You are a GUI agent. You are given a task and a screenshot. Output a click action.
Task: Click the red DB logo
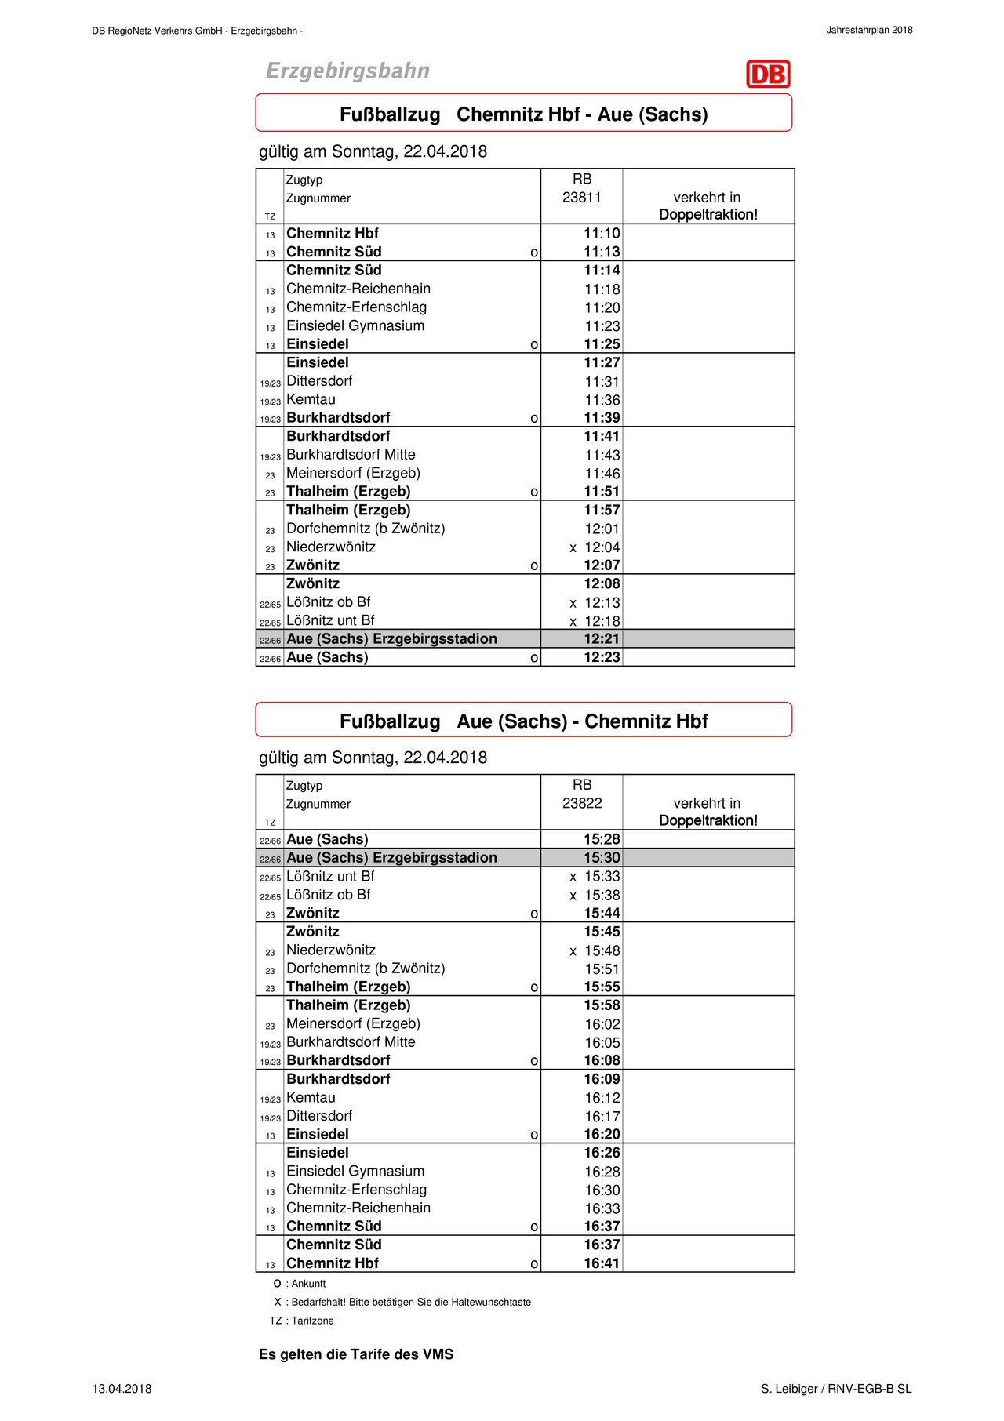(768, 75)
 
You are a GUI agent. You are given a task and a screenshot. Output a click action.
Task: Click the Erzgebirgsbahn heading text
(347, 71)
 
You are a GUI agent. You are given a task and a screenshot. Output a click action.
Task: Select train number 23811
(581, 198)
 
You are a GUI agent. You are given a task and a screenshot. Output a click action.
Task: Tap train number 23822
(581, 803)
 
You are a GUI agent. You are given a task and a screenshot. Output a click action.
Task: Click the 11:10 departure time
(602, 234)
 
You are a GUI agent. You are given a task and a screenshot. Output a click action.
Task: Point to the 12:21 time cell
(602, 639)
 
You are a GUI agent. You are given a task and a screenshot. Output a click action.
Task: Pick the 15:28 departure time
(602, 840)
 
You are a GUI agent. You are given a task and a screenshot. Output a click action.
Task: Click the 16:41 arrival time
(602, 1263)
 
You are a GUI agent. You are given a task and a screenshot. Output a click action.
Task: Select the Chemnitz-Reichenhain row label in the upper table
(358, 289)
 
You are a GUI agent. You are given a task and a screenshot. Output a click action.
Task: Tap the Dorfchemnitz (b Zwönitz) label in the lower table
(366, 969)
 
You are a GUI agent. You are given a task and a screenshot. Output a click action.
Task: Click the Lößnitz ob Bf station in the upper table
(328, 602)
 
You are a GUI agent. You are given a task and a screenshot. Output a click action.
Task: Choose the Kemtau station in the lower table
(311, 1098)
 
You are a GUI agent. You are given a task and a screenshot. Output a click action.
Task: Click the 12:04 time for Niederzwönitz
(602, 547)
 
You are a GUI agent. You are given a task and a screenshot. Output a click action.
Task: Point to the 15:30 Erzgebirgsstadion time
(602, 858)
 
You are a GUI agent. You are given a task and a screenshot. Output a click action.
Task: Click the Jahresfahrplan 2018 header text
(869, 31)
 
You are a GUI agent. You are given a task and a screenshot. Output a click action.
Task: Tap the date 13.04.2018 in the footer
(122, 1389)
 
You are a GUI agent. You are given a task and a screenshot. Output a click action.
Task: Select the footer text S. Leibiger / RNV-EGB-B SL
(836, 1389)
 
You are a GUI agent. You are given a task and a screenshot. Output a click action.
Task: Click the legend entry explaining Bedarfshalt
(402, 1302)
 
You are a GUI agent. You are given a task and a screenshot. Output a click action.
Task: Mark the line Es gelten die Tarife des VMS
(356, 1354)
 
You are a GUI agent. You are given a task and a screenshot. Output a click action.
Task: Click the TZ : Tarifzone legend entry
(302, 1321)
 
